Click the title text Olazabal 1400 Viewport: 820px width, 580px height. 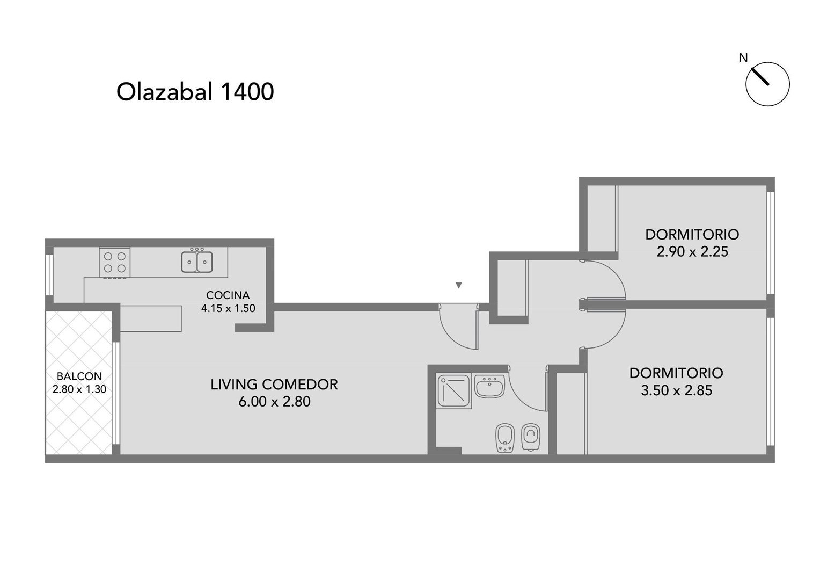(x=195, y=92)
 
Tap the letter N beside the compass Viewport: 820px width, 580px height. (x=743, y=58)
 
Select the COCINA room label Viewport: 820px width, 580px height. (x=228, y=295)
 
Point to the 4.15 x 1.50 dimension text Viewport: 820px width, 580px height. (x=228, y=308)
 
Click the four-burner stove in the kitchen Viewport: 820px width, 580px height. (x=115, y=262)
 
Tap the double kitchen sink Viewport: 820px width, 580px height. (x=197, y=261)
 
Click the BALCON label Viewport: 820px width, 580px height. (x=79, y=376)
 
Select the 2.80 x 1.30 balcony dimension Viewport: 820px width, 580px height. (x=79, y=389)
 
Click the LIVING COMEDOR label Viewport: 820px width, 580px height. (x=274, y=385)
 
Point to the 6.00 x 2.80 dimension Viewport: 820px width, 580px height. (x=275, y=402)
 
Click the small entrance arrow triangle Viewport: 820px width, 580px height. (x=459, y=285)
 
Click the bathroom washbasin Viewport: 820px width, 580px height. (x=490, y=386)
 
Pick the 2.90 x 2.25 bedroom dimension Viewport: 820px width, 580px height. (x=692, y=252)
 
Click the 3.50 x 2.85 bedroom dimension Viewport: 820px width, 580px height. (x=677, y=390)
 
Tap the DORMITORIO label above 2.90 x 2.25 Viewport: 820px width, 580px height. (x=692, y=235)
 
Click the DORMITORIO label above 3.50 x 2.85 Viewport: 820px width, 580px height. (x=677, y=373)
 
